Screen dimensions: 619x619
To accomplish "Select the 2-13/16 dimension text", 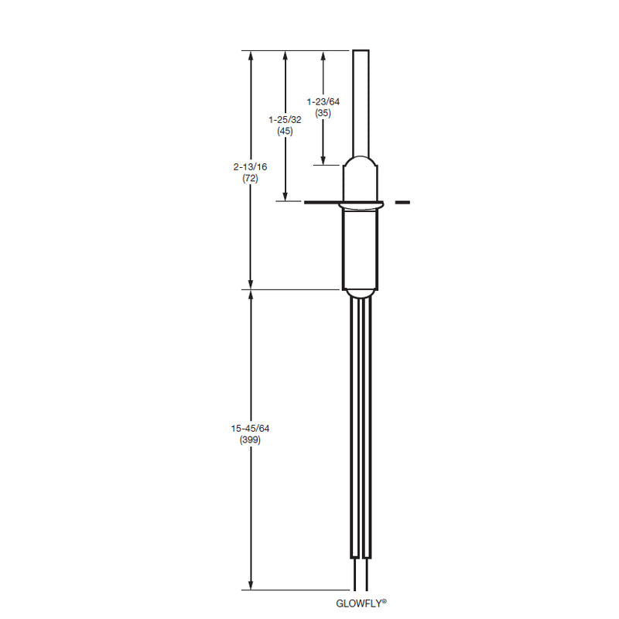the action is click(250, 167).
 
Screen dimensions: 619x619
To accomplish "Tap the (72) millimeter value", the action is click(250, 179).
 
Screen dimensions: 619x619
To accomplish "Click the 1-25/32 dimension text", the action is click(285, 120).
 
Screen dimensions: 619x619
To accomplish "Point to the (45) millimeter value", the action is click(285, 131).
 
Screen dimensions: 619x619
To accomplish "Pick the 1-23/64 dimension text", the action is click(323, 101).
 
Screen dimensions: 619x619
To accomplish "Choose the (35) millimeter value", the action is click(323, 113).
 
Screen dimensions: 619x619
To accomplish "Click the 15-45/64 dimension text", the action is click(250, 429).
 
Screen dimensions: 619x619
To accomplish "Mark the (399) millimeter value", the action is click(250, 439).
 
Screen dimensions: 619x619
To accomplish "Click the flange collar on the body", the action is click(361, 205).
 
